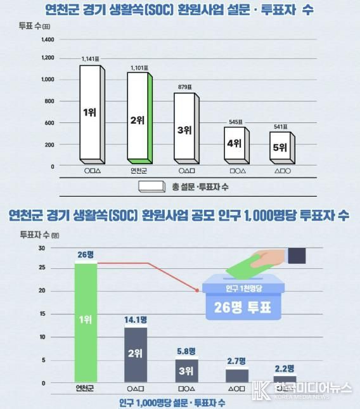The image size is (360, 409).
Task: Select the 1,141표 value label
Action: click(x=91, y=59)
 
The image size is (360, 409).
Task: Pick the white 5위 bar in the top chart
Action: click(x=281, y=147)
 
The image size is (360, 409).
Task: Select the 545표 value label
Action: click(x=235, y=122)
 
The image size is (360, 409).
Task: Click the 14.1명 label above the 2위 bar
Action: click(x=136, y=320)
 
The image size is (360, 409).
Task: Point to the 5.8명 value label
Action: click(x=186, y=350)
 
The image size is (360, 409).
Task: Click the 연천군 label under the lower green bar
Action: click(x=86, y=387)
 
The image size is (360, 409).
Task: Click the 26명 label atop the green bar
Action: click(x=86, y=255)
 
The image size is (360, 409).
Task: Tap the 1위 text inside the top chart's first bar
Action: click(x=91, y=112)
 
